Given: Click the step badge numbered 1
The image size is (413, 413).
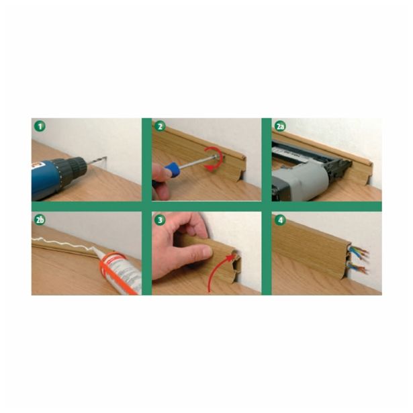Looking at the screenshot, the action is (x=40, y=127).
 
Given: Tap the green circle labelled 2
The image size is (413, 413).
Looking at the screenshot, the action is (x=160, y=126).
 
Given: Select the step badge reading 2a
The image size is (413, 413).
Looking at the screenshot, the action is (x=280, y=126).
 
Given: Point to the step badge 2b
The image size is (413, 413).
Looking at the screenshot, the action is (x=40, y=220).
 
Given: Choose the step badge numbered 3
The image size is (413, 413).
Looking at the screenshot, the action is (x=160, y=220).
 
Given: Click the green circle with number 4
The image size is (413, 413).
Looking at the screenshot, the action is (x=280, y=220).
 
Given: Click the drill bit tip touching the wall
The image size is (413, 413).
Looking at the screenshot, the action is (x=107, y=158).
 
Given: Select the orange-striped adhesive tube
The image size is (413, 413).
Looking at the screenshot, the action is (x=120, y=273).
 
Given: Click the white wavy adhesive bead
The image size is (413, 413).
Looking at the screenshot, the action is (x=62, y=243).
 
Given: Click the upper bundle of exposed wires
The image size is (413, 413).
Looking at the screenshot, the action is (x=359, y=253).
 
